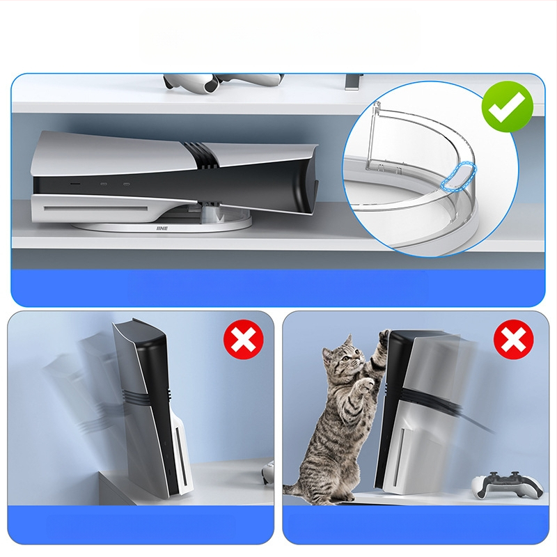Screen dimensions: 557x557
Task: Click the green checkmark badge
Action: click(x=508, y=107)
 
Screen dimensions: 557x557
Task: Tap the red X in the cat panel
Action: click(x=513, y=339)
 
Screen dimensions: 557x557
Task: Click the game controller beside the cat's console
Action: click(x=507, y=484)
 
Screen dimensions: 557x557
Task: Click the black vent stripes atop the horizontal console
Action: click(x=201, y=155)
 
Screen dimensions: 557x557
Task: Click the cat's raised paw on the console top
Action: click(x=384, y=336)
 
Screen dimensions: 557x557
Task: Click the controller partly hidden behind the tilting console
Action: click(x=268, y=473)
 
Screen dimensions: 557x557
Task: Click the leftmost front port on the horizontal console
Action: click(x=74, y=184)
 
